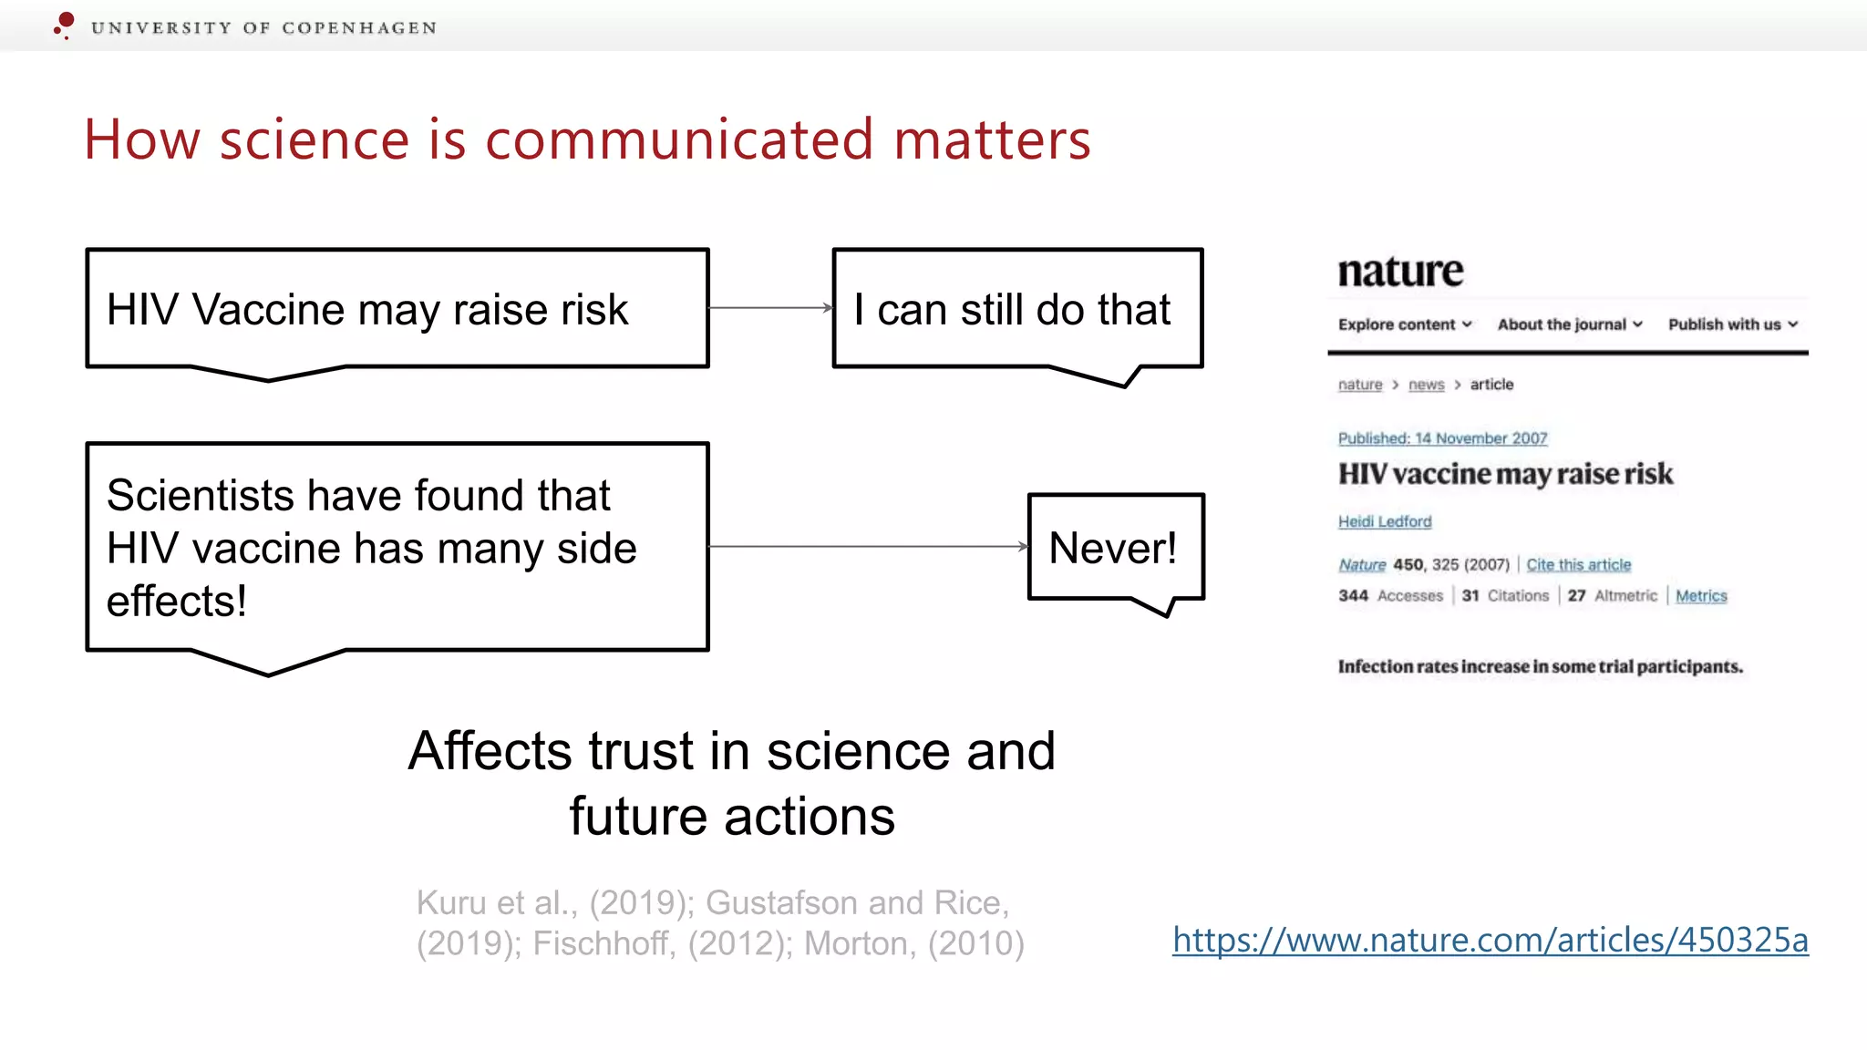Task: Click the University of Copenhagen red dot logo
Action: coord(64,24)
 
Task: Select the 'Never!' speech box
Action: coord(1114,548)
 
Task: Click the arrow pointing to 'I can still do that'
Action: coord(770,308)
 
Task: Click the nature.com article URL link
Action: coord(1490,941)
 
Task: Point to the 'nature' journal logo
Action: coord(1400,272)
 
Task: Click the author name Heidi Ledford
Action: coord(1384,521)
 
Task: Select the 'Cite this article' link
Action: coord(1578,565)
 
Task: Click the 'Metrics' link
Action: coord(1700,596)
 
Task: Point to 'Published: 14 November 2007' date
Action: coord(1442,438)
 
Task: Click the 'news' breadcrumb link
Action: coord(1426,385)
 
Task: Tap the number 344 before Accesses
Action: coord(1353,596)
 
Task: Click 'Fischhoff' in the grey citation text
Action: coord(603,944)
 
